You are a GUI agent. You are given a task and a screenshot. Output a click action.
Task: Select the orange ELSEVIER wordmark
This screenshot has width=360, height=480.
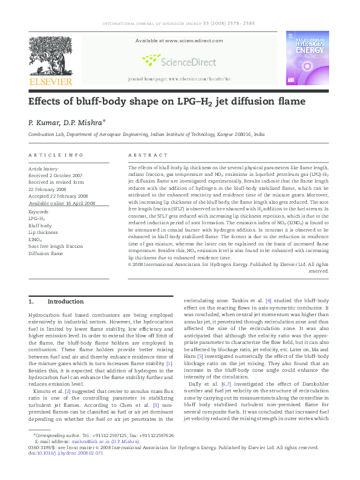[51, 82]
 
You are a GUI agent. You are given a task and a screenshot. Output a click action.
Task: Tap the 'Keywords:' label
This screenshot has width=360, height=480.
[39, 212]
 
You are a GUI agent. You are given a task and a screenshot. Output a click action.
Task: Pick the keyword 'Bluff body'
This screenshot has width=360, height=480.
[41, 225]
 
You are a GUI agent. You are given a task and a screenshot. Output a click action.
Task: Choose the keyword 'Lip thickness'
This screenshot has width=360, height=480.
[44, 232]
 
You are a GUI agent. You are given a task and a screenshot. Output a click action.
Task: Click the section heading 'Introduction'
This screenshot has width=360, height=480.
[65, 301]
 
